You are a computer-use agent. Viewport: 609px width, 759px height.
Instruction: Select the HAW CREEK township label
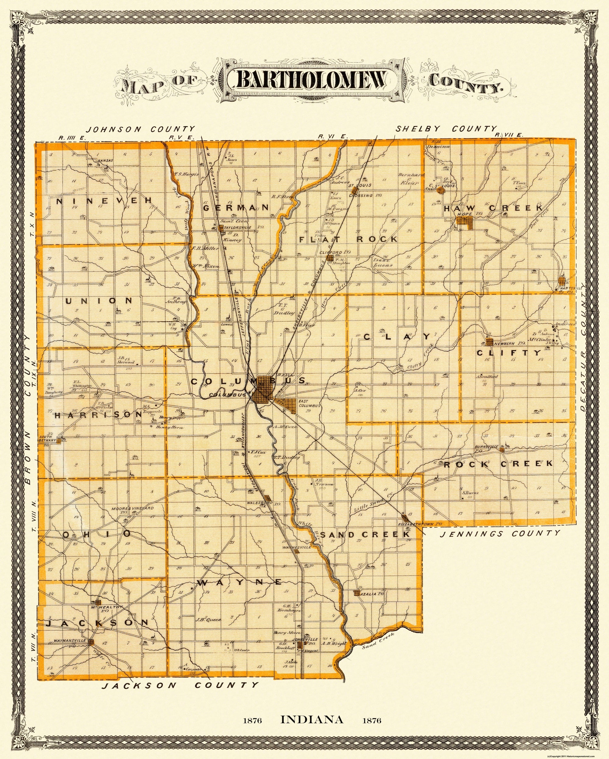pyautogui.click(x=488, y=209)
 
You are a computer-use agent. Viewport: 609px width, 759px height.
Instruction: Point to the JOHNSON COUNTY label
pyautogui.click(x=140, y=129)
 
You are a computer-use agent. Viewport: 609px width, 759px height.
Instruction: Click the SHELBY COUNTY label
pyautogui.click(x=446, y=128)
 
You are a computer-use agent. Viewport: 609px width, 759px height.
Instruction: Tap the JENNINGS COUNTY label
pyautogui.click(x=500, y=534)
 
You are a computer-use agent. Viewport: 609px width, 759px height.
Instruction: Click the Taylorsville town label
pyautogui.click(x=235, y=228)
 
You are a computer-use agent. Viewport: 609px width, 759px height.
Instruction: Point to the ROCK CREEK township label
pyautogui.click(x=498, y=464)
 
